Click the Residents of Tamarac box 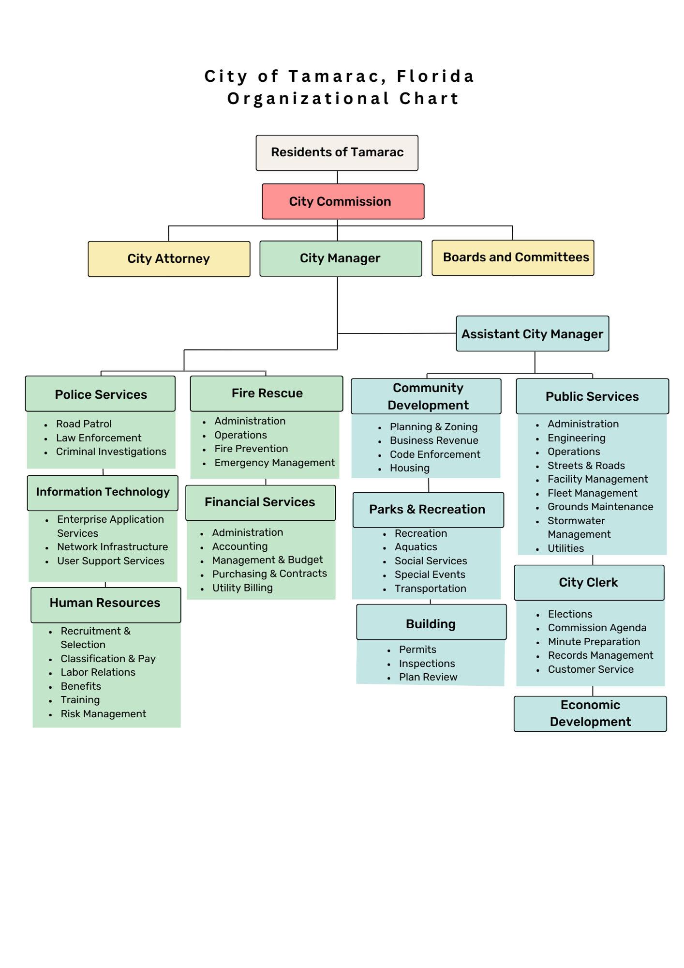[x=337, y=152]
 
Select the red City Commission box [x=343, y=201]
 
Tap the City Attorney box [x=169, y=259]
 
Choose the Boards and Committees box [x=513, y=257]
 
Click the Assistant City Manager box [x=532, y=334]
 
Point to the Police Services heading [x=101, y=394]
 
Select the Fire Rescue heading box [x=267, y=393]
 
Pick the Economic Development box [x=590, y=713]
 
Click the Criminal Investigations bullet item [x=111, y=452]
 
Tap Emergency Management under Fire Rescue [x=274, y=463]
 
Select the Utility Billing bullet [x=242, y=588]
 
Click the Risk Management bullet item [x=103, y=714]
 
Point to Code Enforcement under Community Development [x=435, y=454]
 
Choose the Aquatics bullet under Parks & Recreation [x=416, y=547]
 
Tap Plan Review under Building [x=428, y=677]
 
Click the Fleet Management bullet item [x=592, y=493]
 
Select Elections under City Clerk [x=570, y=614]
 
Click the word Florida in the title [x=435, y=76]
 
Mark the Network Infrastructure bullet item [x=112, y=547]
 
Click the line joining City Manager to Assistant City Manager [x=397, y=333]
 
